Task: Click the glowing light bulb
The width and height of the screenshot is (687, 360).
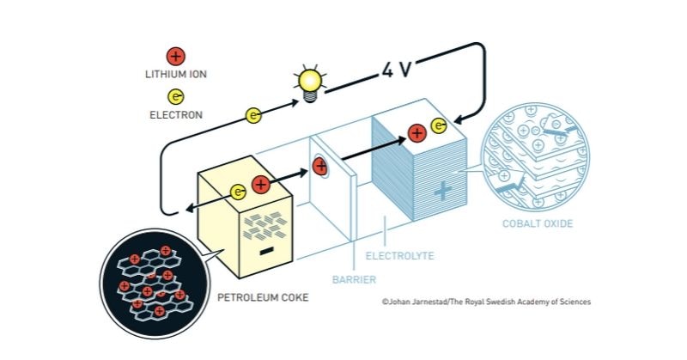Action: [x=310, y=84]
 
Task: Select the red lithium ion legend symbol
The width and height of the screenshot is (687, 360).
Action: [x=176, y=57]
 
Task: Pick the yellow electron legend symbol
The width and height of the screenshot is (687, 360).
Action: [x=176, y=96]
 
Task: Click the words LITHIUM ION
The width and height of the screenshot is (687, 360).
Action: [x=176, y=74]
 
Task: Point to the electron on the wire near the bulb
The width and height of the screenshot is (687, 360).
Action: [x=253, y=115]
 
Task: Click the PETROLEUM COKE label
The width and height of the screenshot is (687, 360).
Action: [x=263, y=298]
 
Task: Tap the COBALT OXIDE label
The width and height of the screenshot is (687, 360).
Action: [x=538, y=223]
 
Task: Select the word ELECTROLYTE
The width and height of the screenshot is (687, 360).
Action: [x=399, y=256]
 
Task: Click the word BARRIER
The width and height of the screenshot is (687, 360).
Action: [x=354, y=279]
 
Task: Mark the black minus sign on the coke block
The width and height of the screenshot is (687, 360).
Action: [x=266, y=251]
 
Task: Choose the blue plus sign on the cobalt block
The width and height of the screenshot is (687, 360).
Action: [x=442, y=192]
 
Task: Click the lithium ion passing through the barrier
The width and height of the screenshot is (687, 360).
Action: [x=320, y=166]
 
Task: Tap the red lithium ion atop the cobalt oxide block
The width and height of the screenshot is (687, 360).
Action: [x=417, y=133]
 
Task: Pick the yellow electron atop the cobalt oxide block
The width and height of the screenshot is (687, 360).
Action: [x=439, y=125]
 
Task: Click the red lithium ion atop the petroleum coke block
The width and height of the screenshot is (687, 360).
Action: [x=261, y=185]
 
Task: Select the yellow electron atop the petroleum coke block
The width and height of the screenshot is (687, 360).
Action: [x=239, y=192]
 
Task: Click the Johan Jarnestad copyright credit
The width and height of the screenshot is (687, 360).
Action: [x=486, y=302]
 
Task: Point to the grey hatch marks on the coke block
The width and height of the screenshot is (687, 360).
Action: [x=265, y=225]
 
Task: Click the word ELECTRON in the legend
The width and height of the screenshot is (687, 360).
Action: [x=176, y=115]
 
